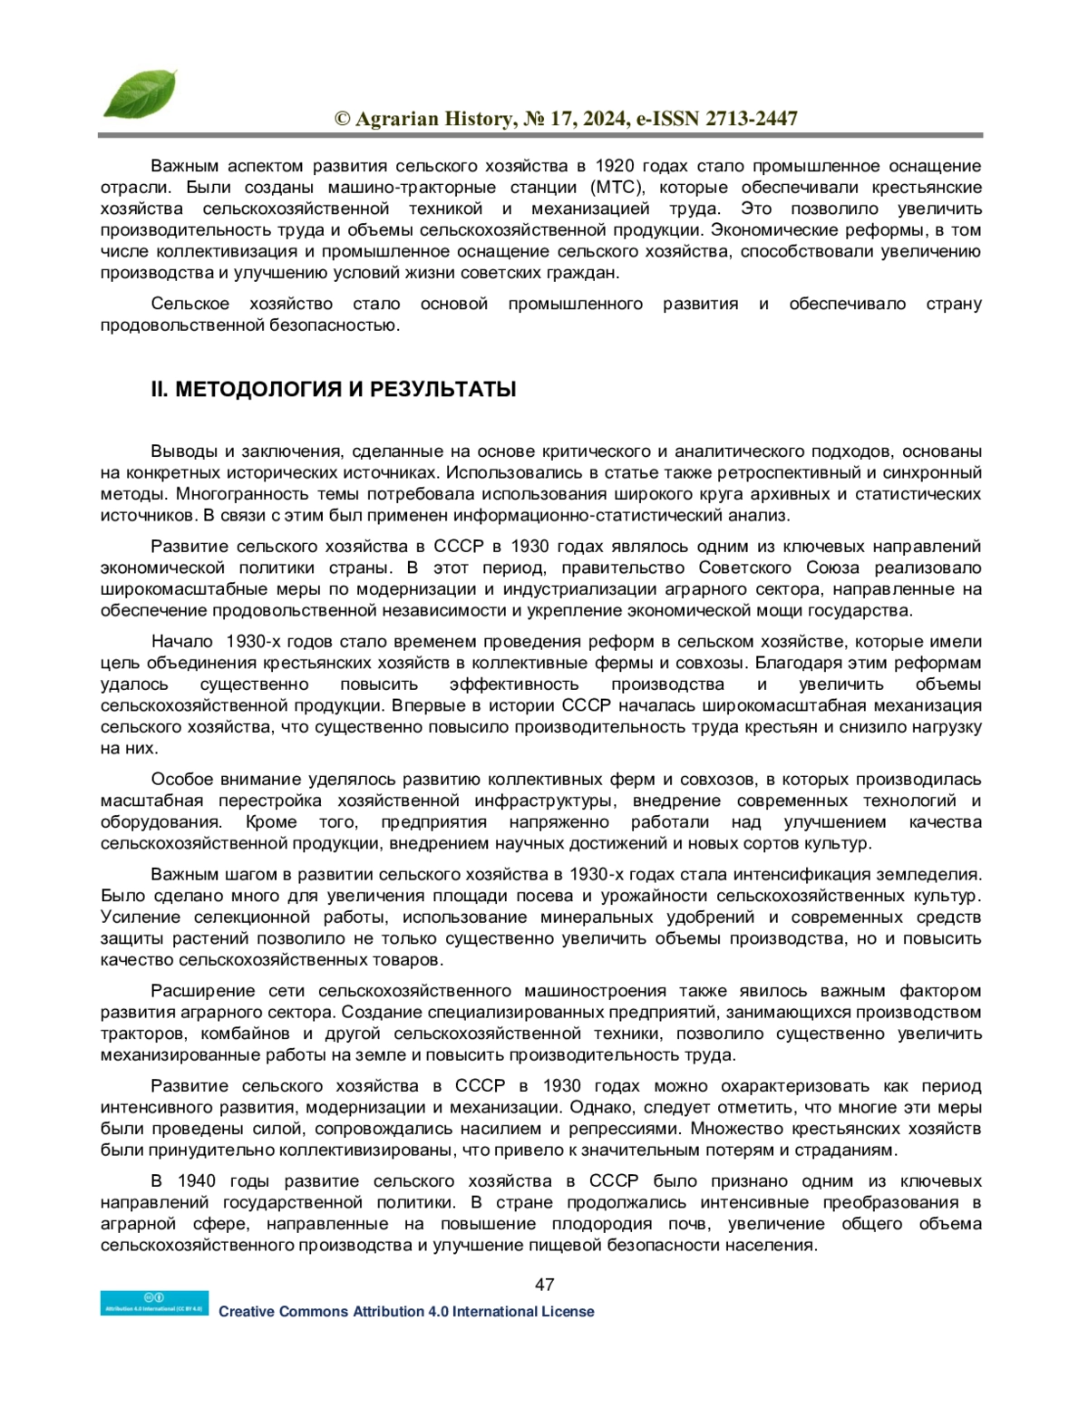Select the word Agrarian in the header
[397, 119]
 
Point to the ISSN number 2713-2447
[752, 119]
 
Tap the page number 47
[544, 1284]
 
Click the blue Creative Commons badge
[154, 1303]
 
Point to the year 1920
[615, 166]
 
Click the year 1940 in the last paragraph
[197, 1181]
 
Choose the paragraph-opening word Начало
[181, 642]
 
